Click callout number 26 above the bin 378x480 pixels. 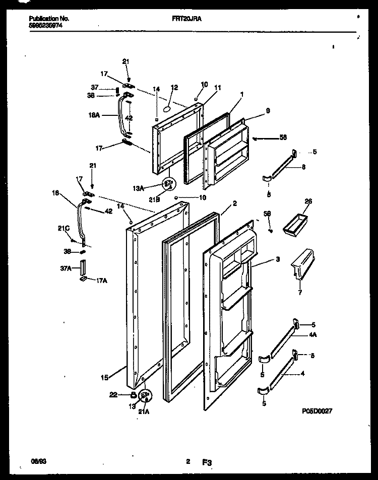point(308,201)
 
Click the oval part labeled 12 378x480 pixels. point(168,108)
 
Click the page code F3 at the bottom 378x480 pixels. point(206,460)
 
